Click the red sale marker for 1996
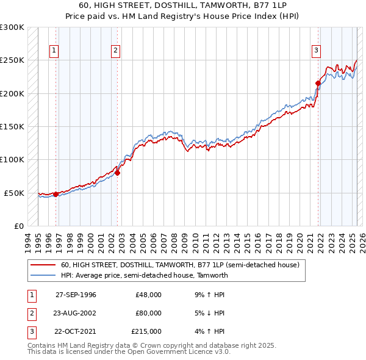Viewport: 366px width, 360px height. (56, 194)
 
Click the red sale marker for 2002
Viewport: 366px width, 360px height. (117, 173)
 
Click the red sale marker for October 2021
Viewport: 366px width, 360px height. (318, 83)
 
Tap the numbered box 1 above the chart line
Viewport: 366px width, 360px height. (54, 51)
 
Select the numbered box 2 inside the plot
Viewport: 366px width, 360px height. (116, 51)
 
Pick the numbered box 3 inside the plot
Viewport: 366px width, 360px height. (317, 51)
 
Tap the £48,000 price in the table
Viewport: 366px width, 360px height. (148, 295)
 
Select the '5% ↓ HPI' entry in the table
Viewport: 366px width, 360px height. (208, 313)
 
